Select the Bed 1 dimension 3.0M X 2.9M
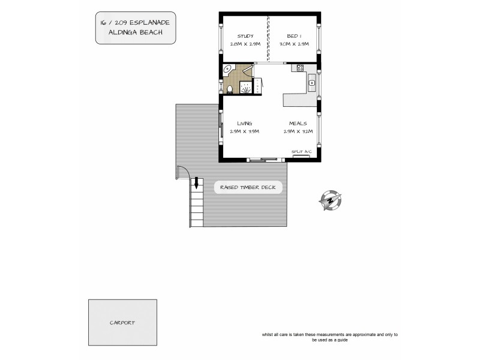pyautogui.click(x=294, y=44)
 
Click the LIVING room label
pyautogui.click(x=244, y=123)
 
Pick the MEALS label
pyautogui.click(x=298, y=123)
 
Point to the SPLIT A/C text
pyautogui.click(x=301, y=152)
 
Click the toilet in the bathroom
pyautogui.click(x=230, y=90)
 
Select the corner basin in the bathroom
pyautogui.click(x=227, y=70)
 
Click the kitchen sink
pyautogui.click(x=312, y=83)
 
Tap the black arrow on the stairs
pyautogui.click(x=194, y=185)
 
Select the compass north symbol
pyautogui.click(x=329, y=201)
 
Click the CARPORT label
pyautogui.click(x=122, y=322)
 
